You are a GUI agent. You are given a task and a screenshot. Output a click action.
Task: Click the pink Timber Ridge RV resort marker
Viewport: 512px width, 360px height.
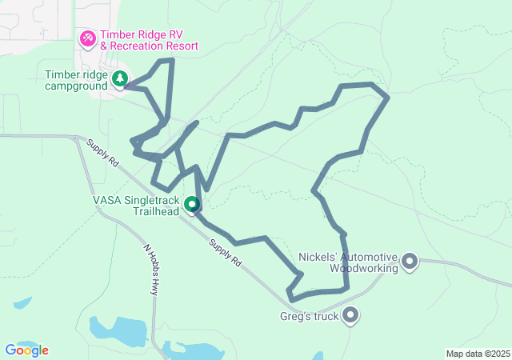[88, 38]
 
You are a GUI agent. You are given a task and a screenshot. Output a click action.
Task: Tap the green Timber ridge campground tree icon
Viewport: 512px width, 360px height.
[119, 78]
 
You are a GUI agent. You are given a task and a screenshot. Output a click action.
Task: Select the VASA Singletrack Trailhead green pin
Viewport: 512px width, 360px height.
[192, 205]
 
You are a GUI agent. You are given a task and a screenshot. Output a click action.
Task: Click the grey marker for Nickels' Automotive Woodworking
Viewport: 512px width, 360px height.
[410, 261]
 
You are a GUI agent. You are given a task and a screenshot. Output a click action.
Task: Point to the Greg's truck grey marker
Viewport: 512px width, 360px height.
[350, 316]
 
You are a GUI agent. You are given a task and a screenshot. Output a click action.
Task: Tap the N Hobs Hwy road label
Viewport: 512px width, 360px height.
[152, 269]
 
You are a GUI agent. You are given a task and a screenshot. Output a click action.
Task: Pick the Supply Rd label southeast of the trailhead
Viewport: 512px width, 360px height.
[225, 252]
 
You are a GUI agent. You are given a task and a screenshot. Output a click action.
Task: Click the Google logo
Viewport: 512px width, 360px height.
[26, 350]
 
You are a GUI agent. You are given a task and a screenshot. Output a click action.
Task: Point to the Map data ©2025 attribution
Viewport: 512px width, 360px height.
[477, 354]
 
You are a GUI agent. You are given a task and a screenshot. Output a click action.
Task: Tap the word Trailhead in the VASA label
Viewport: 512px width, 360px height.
[155, 211]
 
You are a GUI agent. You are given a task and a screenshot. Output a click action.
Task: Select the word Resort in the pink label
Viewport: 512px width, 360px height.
[178, 46]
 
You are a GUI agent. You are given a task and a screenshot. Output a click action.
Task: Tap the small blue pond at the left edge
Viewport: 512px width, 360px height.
[22, 304]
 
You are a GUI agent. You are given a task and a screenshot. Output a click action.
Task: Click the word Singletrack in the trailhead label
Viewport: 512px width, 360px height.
[152, 200]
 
